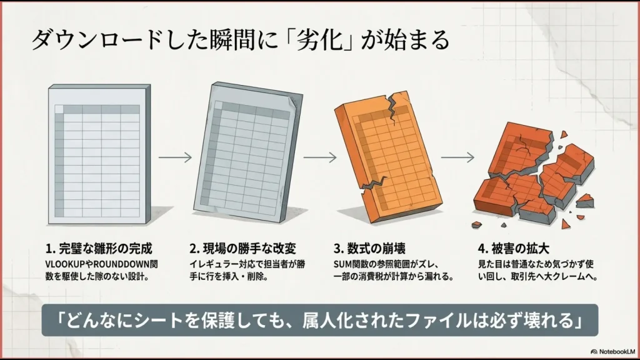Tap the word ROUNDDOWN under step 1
(x=119, y=263)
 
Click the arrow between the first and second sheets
(x=175, y=157)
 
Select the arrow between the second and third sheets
(x=316, y=157)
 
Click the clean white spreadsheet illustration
(x=97, y=156)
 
